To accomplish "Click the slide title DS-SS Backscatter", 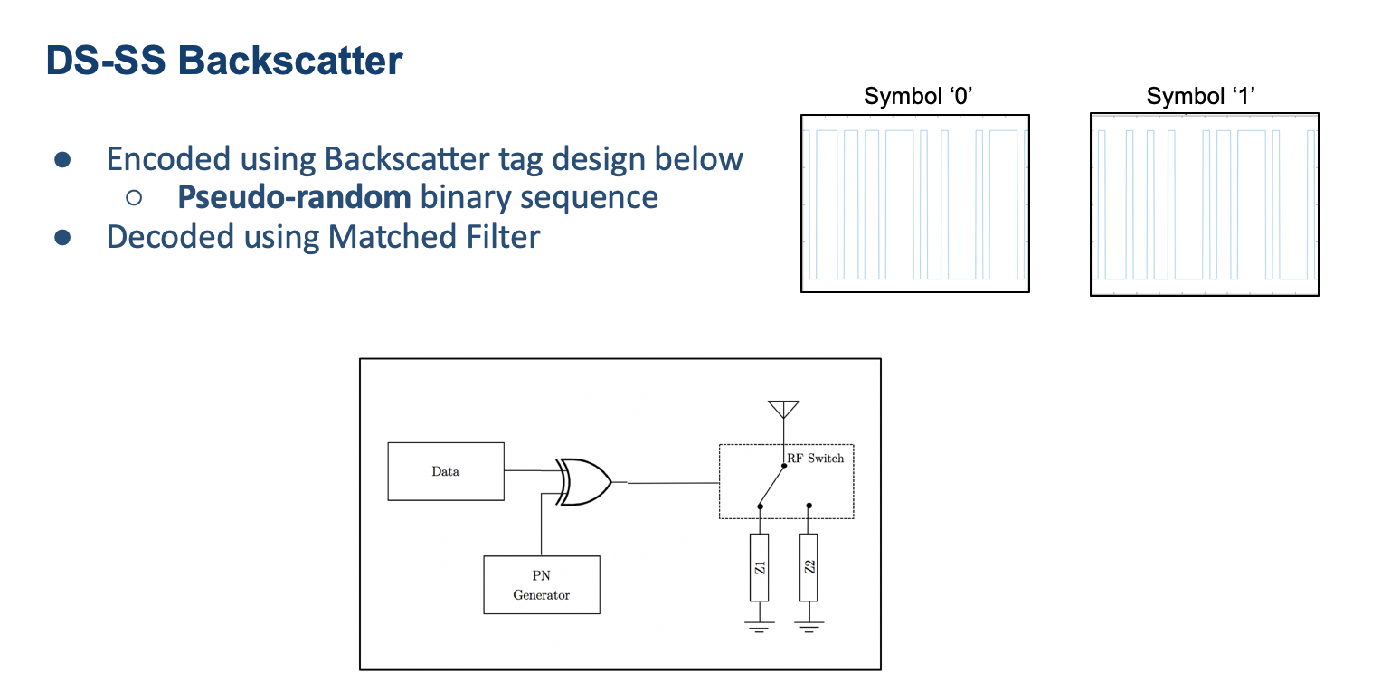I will click(224, 62).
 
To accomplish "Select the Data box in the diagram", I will click(446, 471).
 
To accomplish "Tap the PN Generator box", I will click(541, 584).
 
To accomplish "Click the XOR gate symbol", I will click(584, 482).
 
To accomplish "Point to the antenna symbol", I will click(782, 410).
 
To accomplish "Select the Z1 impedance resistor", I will click(760, 567).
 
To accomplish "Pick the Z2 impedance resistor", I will click(809, 567).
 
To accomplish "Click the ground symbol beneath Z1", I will click(760, 627).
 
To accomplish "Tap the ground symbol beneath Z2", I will click(809, 625).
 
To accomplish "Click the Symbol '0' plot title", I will click(917, 97).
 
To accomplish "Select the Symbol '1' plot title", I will click(1201, 97).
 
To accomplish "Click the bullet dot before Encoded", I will click(62, 160).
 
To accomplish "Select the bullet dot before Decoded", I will click(62, 238).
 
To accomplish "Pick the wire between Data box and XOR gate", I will click(530, 471).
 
